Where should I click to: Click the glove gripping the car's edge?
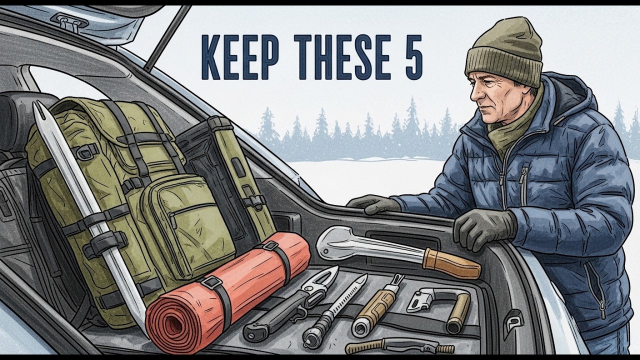tap(482, 227)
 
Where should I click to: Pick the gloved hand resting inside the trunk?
tap(372, 203)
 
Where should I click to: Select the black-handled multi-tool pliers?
tap(285, 305)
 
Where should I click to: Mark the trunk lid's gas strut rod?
tap(167, 37)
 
